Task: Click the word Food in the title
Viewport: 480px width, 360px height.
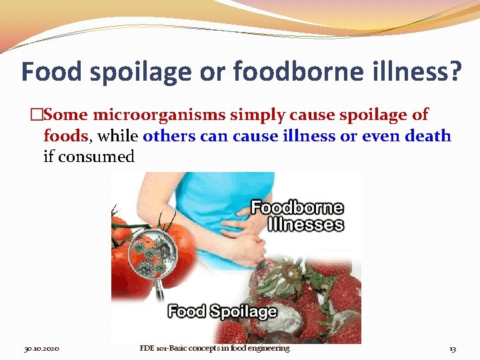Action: pyautogui.click(x=53, y=72)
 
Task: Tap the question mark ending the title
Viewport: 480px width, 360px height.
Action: pyautogui.click(x=453, y=72)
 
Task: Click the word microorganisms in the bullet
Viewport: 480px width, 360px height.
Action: pyautogui.click(x=169, y=115)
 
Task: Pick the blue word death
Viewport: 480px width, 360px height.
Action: pyautogui.click(x=426, y=137)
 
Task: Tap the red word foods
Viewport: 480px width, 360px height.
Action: pyautogui.click(x=65, y=137)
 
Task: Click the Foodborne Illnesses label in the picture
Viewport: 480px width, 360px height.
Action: pyautogui.click(x=297, y=216)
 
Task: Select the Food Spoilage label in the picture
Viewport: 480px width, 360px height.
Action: pyautogui.click(x=222, y=311)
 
